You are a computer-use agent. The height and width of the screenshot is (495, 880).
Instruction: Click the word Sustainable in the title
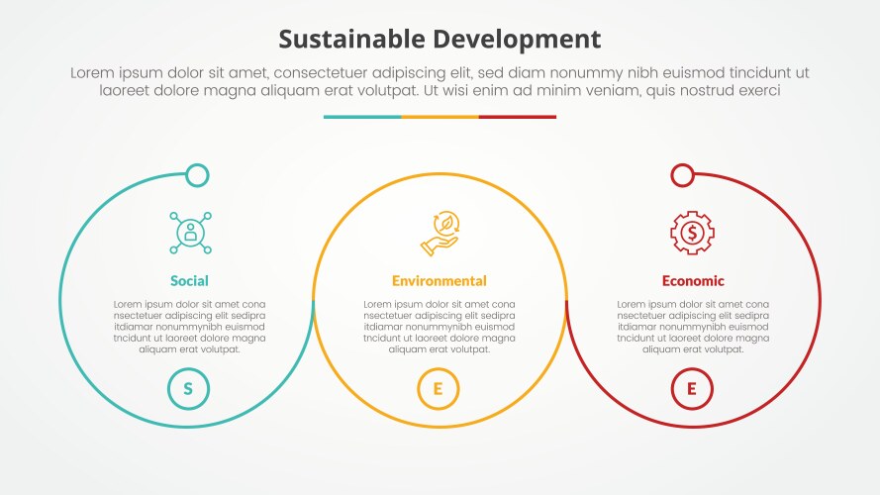click(353, 39)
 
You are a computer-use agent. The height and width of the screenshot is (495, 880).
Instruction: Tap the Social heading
click(189, 281)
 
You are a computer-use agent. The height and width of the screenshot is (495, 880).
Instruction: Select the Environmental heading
click(440, 281)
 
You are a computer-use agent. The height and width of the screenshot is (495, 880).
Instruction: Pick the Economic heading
click(693, 281)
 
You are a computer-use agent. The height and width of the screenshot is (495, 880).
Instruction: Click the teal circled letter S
click(188, 389)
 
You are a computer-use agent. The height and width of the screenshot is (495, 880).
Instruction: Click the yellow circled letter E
click(439, 389)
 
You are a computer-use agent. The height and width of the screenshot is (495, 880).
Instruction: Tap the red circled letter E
click(692, 389)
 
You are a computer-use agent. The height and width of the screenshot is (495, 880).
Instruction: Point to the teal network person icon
click(189, 234)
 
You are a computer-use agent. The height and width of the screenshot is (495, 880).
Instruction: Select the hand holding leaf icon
click(440, 234)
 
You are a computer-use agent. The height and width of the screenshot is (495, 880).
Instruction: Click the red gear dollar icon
click(692, 234)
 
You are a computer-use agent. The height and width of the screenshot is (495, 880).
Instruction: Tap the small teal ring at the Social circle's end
click(198, 176)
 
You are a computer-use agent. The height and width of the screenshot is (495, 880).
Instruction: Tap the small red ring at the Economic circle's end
click(682, 175)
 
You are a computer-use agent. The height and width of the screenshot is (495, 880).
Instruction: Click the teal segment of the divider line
click(361, 117)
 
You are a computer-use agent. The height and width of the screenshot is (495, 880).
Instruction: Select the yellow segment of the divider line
click(440, 117)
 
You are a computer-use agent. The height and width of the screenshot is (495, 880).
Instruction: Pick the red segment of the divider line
click(518, 117)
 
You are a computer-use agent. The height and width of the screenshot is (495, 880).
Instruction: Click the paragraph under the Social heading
click(189, 327)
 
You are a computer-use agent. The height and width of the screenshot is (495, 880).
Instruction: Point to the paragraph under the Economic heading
click(693, 327)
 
